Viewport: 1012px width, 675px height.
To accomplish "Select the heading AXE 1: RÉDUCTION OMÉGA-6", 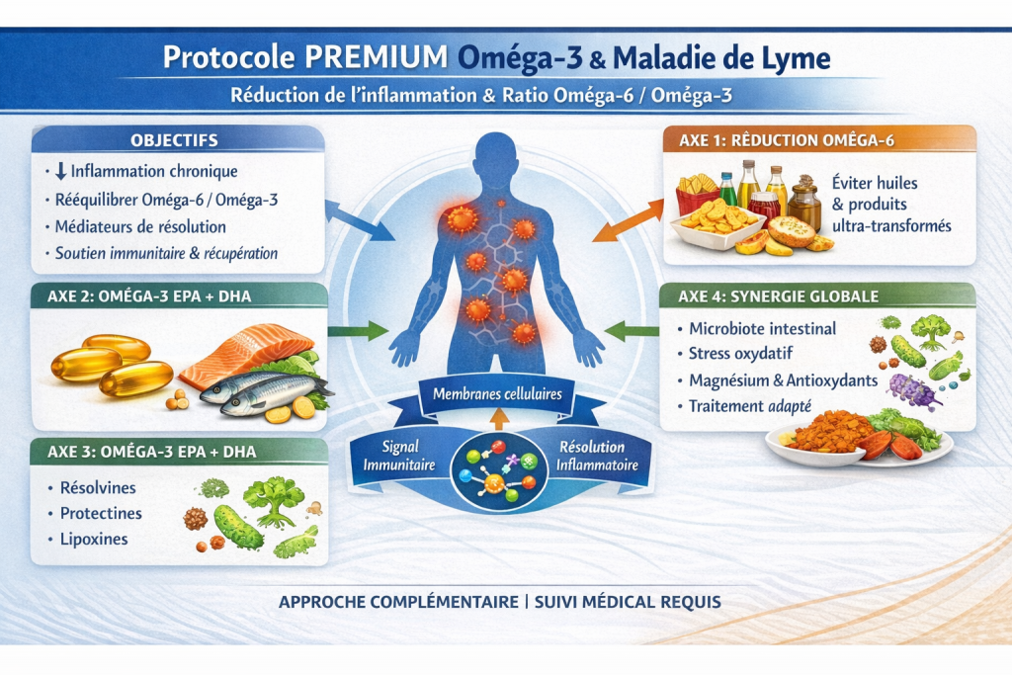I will point(787,140).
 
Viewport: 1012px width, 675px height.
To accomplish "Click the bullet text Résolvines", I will point(98,488).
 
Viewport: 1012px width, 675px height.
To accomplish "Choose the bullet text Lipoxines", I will point(94,540).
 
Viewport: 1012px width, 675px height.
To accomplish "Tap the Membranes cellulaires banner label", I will point(497,394).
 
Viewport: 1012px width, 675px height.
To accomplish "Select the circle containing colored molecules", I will point(497,472).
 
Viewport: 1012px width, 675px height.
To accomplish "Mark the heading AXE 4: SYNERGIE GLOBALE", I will point(780,296).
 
